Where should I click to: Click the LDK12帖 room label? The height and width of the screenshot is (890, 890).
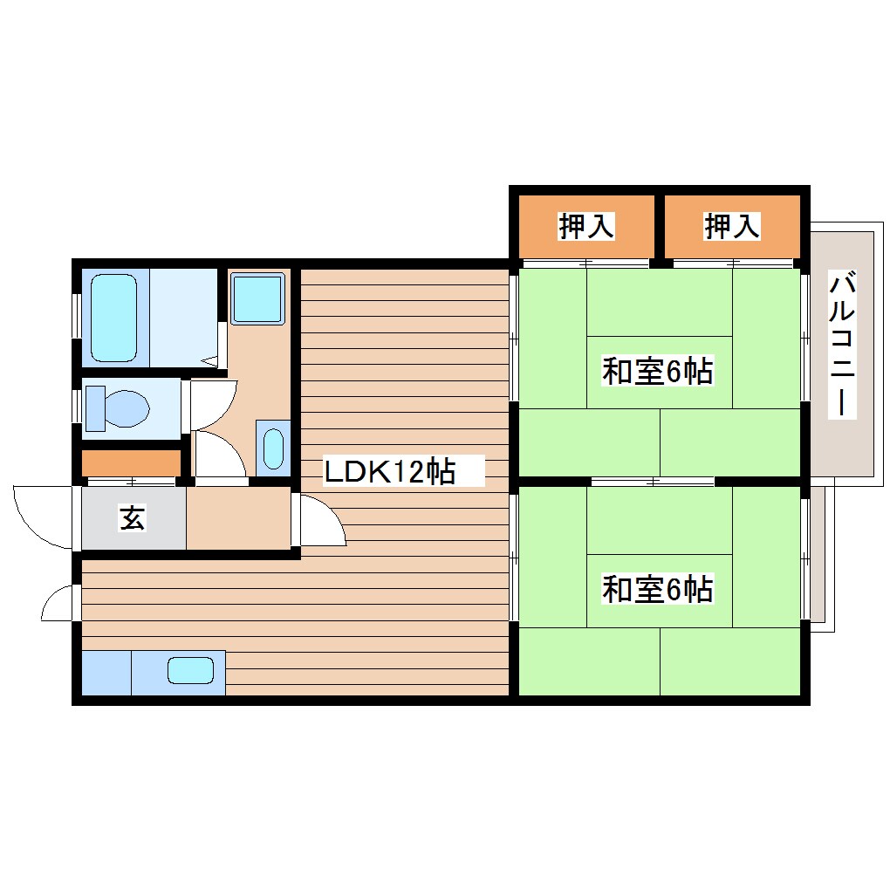(389, 471)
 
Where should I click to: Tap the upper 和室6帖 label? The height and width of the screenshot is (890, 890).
(657, 371)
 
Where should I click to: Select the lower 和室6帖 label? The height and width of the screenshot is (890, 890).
(657, 589)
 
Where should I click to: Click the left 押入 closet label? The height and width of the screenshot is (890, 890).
(586, 226)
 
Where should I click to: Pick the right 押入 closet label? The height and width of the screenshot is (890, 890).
(732, 226)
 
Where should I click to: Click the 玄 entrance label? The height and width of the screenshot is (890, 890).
(133, 517)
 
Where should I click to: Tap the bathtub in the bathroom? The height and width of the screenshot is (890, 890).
(114, 318)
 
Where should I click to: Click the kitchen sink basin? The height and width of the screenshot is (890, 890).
(191, 670)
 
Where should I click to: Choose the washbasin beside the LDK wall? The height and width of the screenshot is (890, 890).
(273, 448)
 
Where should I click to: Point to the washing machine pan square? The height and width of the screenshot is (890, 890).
(257, 298)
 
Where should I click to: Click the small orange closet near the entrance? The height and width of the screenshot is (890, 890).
(131, 463)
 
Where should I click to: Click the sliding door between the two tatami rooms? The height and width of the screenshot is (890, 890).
(653, 482)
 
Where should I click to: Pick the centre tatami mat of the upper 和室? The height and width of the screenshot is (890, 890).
(659, 373)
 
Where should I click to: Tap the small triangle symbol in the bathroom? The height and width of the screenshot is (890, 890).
(210, 360)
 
